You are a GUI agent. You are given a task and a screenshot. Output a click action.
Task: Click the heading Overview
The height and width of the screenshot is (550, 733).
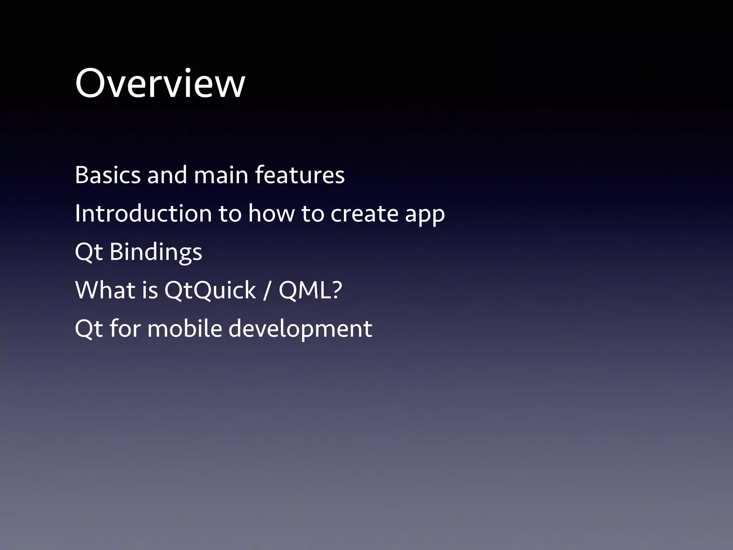point(160,83)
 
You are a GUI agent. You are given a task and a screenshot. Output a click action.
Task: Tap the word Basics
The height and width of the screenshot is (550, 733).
point(108,175)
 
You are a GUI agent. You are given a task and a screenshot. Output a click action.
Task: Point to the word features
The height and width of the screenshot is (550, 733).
point(300,175)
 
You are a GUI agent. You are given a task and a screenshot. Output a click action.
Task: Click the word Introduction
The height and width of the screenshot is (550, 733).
point(144,213)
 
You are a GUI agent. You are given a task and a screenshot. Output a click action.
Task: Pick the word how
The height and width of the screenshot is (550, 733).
point(272,213)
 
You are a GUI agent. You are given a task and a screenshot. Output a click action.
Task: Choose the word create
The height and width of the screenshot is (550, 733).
point(364,213)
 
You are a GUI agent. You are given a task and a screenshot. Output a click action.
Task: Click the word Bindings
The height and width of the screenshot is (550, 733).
point(156,252)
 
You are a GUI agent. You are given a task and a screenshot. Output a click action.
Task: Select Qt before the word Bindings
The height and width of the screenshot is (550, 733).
point(89,252)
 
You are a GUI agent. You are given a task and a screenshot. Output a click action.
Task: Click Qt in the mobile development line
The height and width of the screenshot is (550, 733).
point(89,329)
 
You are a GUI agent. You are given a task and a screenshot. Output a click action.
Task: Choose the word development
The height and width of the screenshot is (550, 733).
point(300,329)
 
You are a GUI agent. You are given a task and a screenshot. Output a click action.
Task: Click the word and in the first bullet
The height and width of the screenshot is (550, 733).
point(167,175)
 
